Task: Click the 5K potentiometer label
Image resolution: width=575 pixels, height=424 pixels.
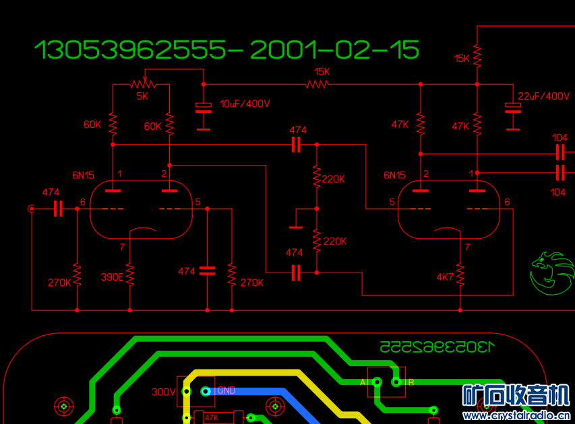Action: click(x=142, y=96)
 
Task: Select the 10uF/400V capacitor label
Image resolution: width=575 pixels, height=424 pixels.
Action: click(x=245, y=104)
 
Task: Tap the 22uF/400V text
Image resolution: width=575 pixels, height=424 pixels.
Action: click(x=545, y=96)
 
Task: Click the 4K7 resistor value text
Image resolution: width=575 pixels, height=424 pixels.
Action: click(x=446, y=277)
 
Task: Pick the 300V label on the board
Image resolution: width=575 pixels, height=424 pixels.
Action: click(x=163, y=392)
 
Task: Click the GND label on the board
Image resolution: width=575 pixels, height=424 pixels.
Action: click(x=226, y=390)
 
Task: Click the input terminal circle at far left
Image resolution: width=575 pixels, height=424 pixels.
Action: click(x=31, y=209)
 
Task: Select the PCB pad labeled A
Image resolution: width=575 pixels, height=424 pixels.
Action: click(x=377, y=383)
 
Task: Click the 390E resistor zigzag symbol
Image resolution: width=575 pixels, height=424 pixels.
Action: click(x=129, y=275)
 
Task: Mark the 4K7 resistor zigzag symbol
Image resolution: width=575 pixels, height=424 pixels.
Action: click(x=460, y=275)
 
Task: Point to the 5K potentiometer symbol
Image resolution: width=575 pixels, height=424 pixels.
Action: click(x=142, y=83)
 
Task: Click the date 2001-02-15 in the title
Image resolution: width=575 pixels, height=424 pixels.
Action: click(x=334, y=50)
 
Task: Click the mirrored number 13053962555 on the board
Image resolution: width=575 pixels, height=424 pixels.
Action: click(x=437, y=347)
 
